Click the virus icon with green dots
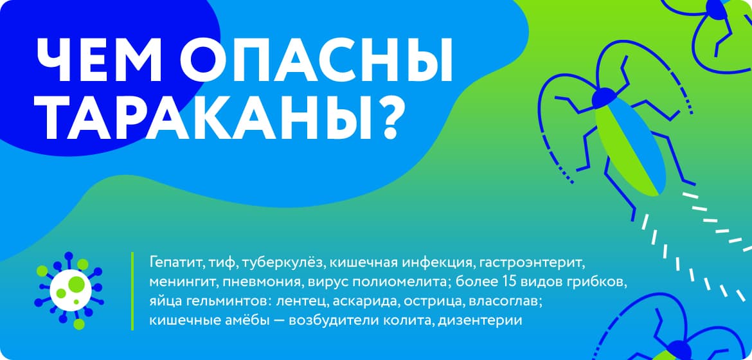click(x=69, y=290)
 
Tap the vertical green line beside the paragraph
click(x=132, y=291)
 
